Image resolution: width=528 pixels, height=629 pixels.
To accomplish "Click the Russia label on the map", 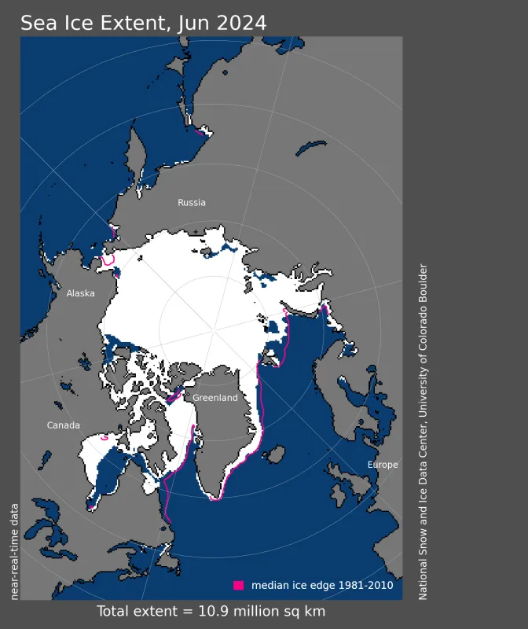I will [x=192, y=202].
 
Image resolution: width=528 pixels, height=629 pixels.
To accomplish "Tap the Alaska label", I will [x=80, y=293].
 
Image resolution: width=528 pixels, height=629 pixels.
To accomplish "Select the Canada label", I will [x=63, y=425].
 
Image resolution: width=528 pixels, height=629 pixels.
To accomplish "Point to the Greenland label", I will [x=215, y=398].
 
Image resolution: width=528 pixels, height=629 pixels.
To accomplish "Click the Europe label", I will [x=383, y=465].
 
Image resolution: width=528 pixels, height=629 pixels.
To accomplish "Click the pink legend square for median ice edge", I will [x=239, y=585].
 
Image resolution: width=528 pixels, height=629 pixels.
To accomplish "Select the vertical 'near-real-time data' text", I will [x=14, y=550].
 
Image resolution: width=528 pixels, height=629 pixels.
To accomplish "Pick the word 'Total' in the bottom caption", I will [x=115, y=611].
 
